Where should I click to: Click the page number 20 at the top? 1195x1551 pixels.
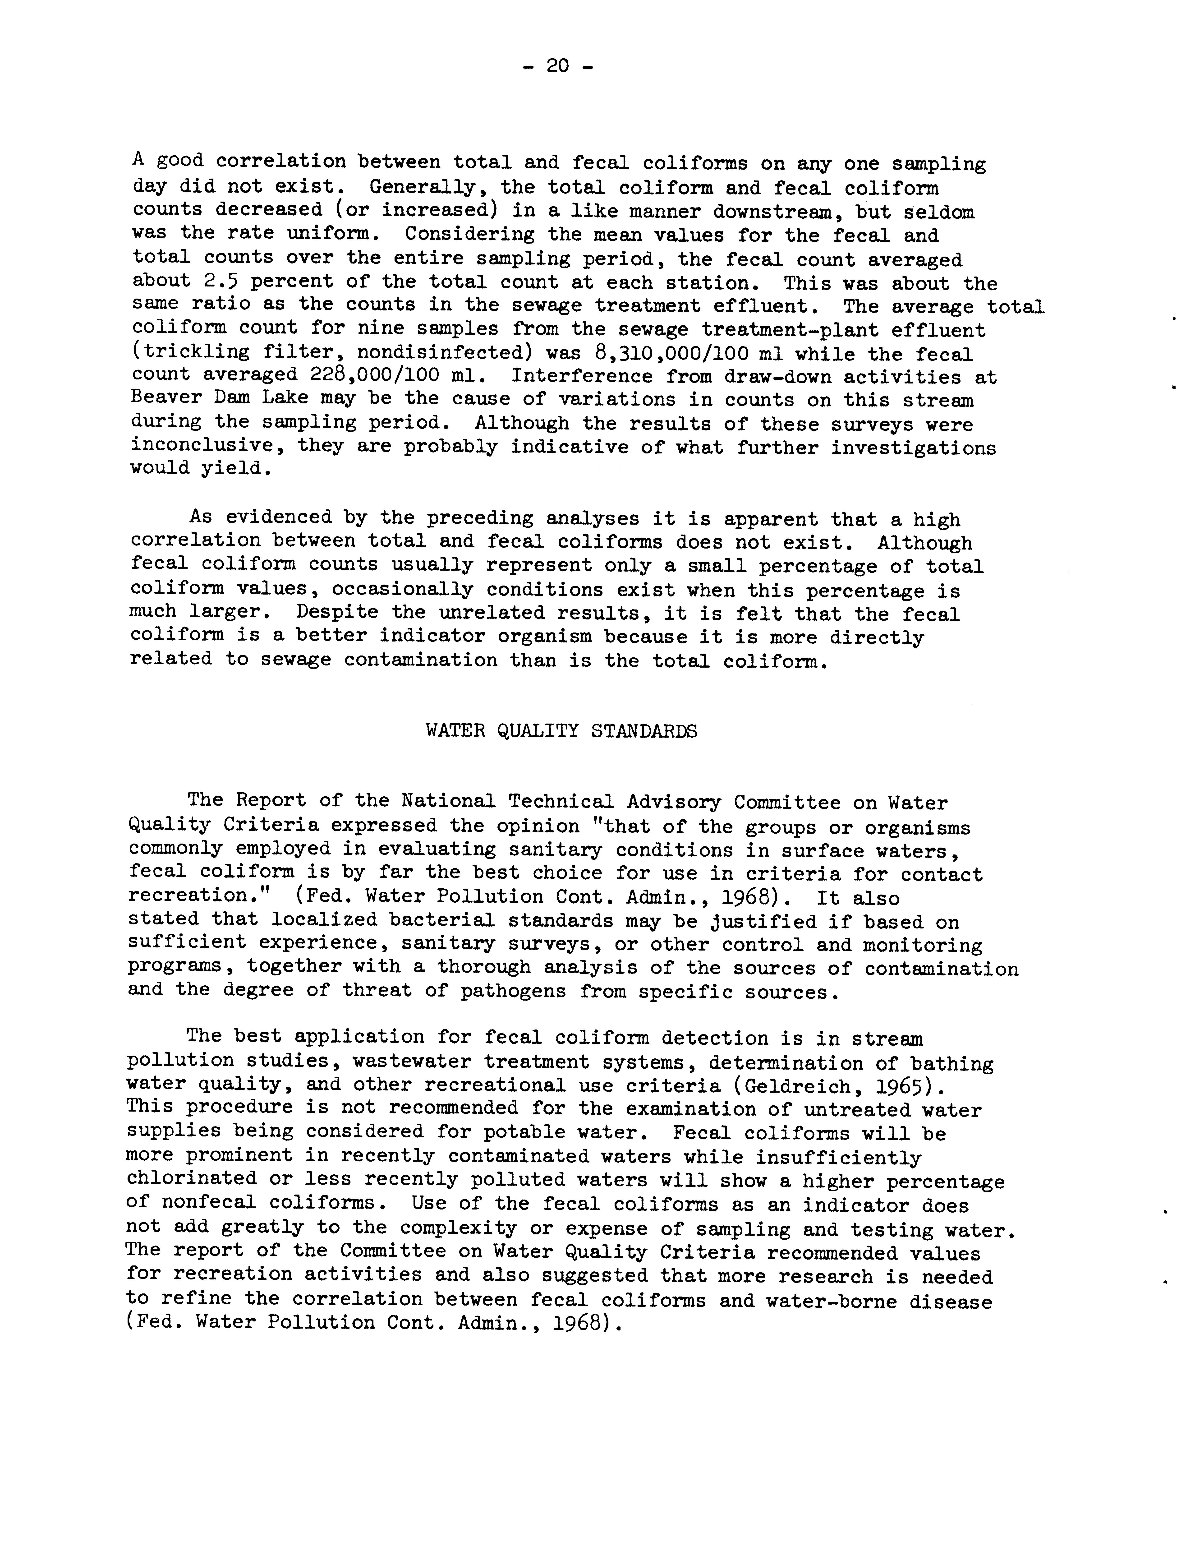[x=557, y=67]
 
